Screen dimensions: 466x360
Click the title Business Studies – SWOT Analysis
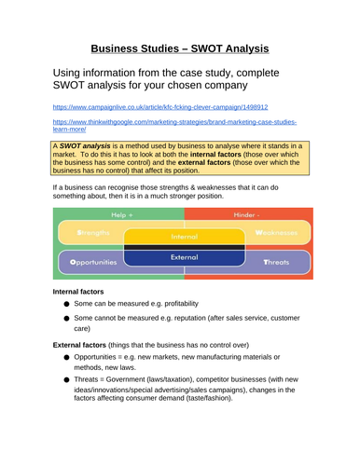click(x=179, y=48)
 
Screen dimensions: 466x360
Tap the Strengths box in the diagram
click(x=93, y=232)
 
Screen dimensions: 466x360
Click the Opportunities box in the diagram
click(x=93, y=262)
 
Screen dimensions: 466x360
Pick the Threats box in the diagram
click(x=275, y=262)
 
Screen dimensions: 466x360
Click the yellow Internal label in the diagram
click(x=184, y=236)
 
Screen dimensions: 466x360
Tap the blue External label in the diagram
click(x=184, y=255)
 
